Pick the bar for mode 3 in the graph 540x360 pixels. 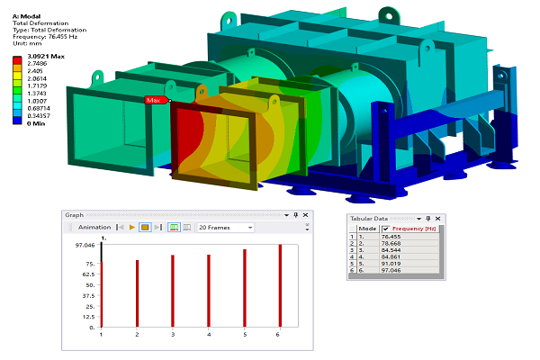[173, 291]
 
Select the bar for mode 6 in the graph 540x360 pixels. [280, 285]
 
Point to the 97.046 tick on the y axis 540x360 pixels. [85, 245]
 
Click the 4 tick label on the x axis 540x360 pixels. [209, 334]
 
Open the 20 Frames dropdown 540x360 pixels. [225, 228]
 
